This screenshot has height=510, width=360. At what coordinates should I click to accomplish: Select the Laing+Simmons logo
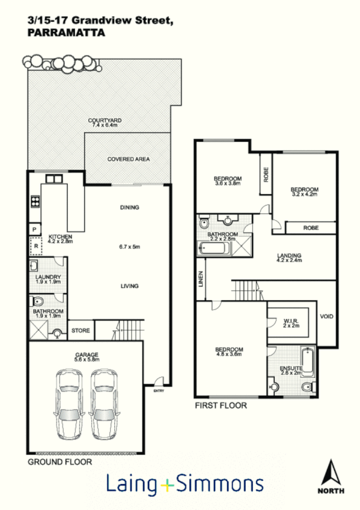click(185, 484)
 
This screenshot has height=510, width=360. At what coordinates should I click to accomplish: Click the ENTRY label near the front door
click(159, 391)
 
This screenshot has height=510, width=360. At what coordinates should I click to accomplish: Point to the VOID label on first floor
click(326, 316)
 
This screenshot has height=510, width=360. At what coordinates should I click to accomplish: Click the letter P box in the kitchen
click(34, 229)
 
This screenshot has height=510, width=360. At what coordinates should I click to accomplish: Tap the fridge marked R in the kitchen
click(35, 246)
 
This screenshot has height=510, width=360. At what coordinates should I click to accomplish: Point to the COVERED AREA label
click(128, 159)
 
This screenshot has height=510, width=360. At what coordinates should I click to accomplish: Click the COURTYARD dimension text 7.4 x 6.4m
click(105, 125)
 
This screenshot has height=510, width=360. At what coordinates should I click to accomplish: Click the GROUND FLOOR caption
click(59, 462)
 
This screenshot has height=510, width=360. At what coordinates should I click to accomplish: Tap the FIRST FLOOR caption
click(220, 405)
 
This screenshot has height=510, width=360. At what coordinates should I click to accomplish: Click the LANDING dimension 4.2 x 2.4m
click(288, 261)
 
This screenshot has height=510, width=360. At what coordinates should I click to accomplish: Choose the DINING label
click(129, 207)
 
